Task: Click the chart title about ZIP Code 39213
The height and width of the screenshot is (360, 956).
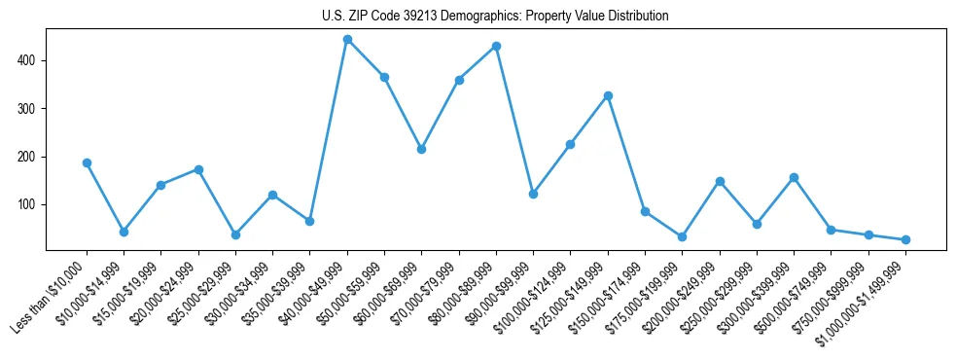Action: [x=495, y=17]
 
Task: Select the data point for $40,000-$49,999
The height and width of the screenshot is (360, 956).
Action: [x=347, y=40]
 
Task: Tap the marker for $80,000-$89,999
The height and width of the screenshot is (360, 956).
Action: [x=496, y=46]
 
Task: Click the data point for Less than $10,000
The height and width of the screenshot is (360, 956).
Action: [x=87, y=163]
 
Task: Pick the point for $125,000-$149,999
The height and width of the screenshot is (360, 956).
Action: [x=608, y=95]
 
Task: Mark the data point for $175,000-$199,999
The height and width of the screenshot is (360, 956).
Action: [x=682, y=236]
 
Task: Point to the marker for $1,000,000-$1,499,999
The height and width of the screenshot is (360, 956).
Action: [x=905, y=239]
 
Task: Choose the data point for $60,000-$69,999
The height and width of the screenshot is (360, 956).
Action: [x=421, y=149]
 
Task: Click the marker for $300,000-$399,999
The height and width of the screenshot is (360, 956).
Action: [x=794, y=177]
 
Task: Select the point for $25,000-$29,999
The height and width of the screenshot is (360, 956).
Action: [x=235, y=234]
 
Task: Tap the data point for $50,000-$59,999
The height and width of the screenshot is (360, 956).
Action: [x=384, y=77]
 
